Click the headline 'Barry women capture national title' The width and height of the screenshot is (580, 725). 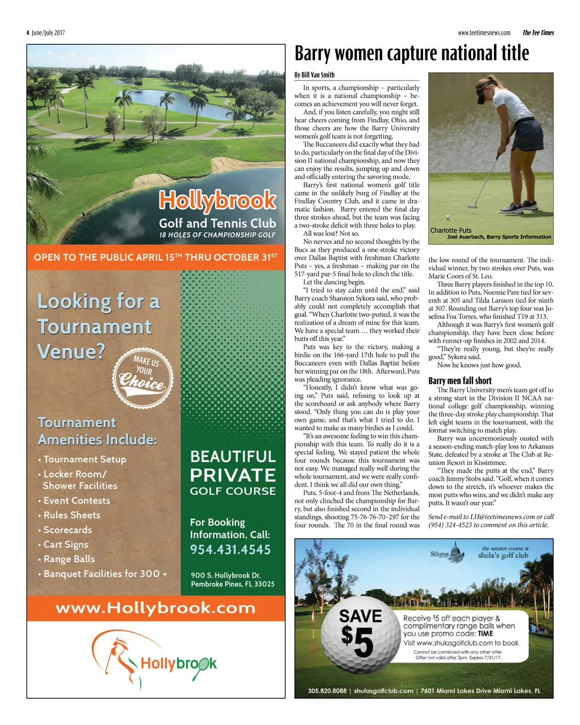tap(412, 54)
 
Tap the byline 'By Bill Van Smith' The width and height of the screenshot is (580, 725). tap(314, 75)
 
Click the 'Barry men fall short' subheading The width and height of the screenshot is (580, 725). tap(460, 381)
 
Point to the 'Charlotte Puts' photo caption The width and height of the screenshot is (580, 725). tap(451, 230)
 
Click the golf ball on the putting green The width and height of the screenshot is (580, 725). tap(447, 217)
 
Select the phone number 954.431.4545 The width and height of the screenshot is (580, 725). tap(231, 549)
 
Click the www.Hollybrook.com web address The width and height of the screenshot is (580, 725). tap(156, 608)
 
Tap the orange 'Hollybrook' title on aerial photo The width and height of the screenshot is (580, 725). tap(217, 201)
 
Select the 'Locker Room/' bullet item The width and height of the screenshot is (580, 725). tap(75, 474)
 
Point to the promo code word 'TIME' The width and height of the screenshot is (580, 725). tap(485, 634)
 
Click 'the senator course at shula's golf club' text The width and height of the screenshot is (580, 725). tap(503, 552)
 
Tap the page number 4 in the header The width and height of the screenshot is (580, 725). tap(28, 33)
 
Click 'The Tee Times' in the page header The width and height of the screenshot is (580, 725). tap(538, 33)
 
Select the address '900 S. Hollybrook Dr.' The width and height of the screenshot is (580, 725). tap(225, 575)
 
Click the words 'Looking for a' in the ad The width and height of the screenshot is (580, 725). tap(99, 302)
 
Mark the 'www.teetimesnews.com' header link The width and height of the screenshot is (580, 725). tap(484, 33)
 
